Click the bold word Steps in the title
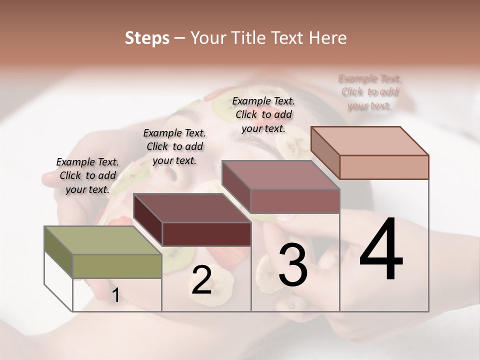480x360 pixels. [147, 38]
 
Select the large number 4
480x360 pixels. [381, 250]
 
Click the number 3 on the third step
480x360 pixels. [293, 265]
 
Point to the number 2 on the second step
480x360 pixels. [201, 280]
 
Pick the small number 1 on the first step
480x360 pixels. [115, 295]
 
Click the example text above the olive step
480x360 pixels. [87, 175]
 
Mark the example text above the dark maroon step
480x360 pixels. [174, 146]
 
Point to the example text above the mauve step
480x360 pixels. [263, 114]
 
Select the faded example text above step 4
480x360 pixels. [370, 92]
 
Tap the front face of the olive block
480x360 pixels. [117, 266]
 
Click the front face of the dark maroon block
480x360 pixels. [206, 234]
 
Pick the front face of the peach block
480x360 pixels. [384, 167]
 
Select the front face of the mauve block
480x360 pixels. [295, 201]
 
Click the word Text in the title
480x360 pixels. [287, 38]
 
